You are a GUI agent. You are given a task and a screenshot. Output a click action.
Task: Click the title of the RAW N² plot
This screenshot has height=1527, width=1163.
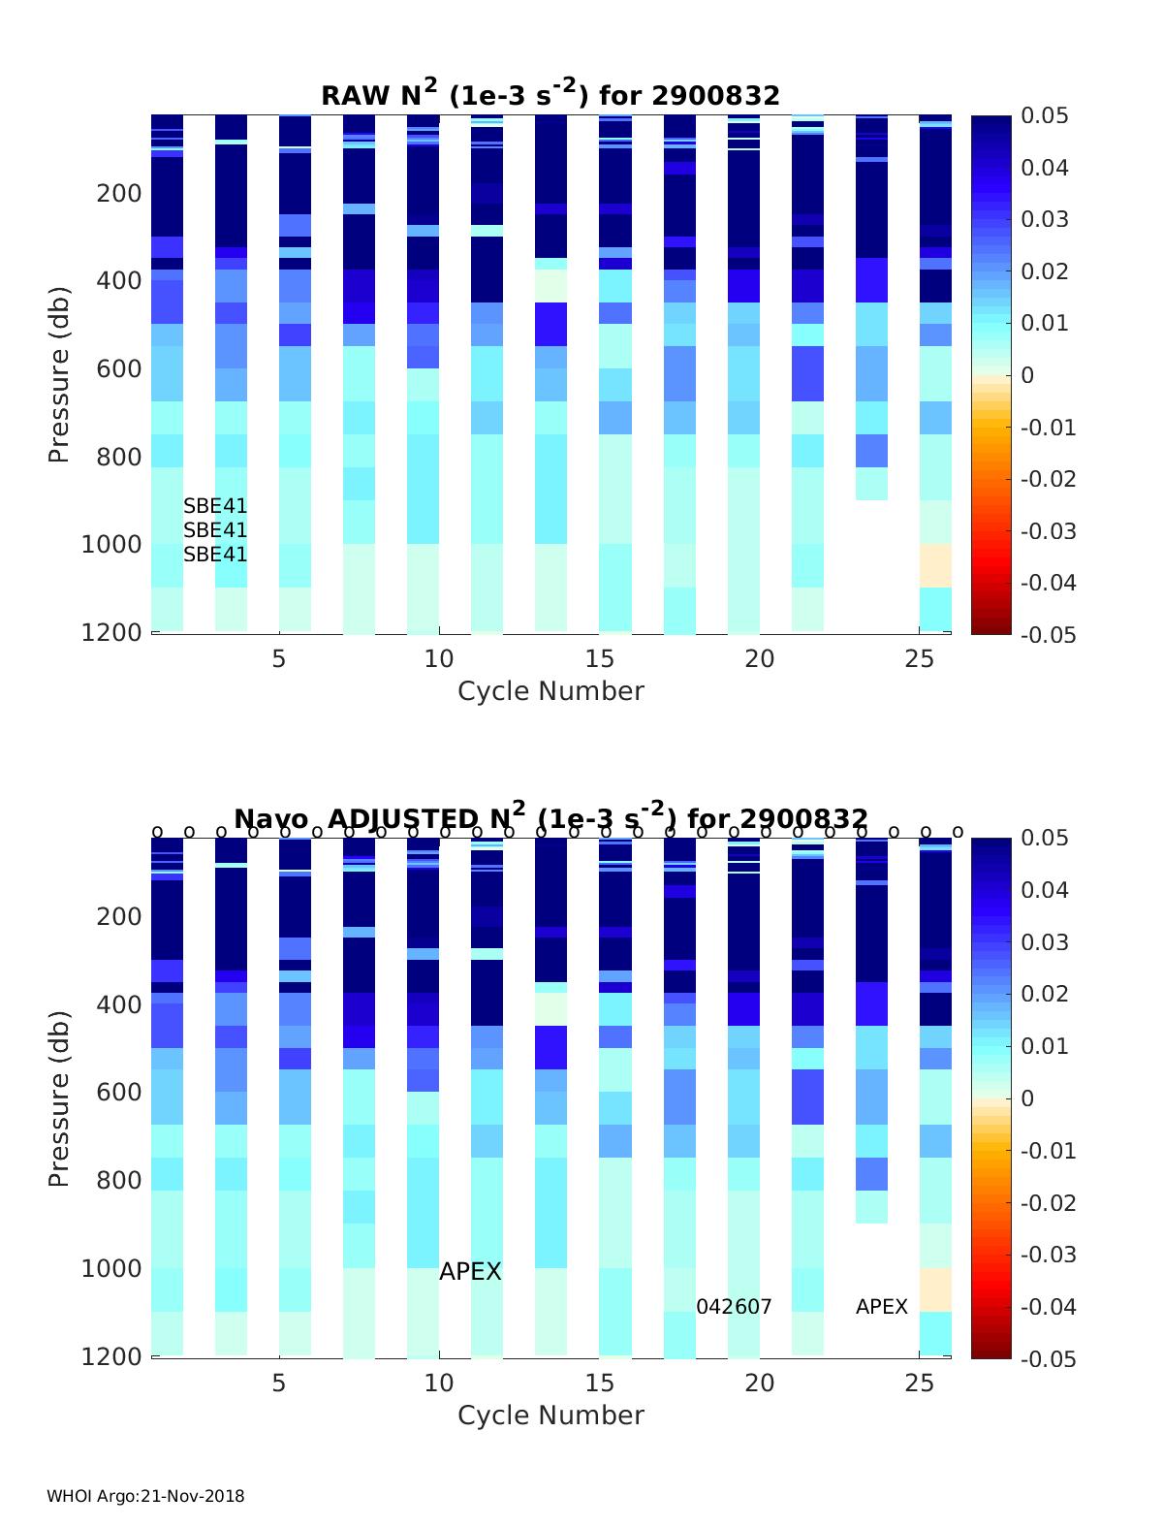pyautogui.click(x=550, y=94)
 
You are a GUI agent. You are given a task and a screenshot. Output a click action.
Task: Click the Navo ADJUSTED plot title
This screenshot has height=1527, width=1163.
pyautogui.click(x=550, y=817)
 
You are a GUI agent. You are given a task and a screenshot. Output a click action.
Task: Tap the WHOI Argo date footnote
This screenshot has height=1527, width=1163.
pyautogui.click(x=145, y=1496)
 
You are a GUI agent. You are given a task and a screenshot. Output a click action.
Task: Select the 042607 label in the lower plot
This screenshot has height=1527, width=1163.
pyautogui.click(x=734, y=1307)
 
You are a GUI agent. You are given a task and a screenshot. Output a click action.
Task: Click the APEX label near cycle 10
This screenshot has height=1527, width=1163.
pyautogui.click(x=470, y=1271)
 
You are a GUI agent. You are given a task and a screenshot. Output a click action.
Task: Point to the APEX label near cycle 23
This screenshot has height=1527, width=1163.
pyautogui.click(x=881, y=1307)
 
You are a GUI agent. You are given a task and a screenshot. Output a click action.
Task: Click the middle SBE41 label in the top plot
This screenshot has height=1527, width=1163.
pyautogui.click(x=215, y=530)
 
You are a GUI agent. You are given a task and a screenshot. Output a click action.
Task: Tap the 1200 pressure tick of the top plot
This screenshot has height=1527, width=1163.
pyautogui.click(x=119, y=632)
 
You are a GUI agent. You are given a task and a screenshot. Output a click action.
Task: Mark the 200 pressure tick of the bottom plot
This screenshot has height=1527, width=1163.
pyautogui.click(x=119, y=916)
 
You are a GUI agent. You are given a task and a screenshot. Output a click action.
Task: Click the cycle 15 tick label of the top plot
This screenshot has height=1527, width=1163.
pyautogui.click(x=599, y=659)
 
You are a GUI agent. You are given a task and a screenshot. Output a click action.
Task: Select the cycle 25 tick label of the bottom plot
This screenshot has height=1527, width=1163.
pyautogui.click(x=920, y=1383)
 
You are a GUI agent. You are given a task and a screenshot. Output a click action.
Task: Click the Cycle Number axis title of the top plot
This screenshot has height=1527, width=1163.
pyautogui.click(x=550, y=691)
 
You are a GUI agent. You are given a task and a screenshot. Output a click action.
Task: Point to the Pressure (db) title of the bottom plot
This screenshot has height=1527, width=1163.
pyautogui.click(x=59, y=1098)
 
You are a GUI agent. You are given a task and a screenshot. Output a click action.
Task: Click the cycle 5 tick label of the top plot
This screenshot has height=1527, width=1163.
pyautogui.click(x=279, y=659)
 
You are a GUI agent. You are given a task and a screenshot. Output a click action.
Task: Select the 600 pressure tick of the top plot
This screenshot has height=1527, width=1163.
pyautogui.click(x=119, y=369)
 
